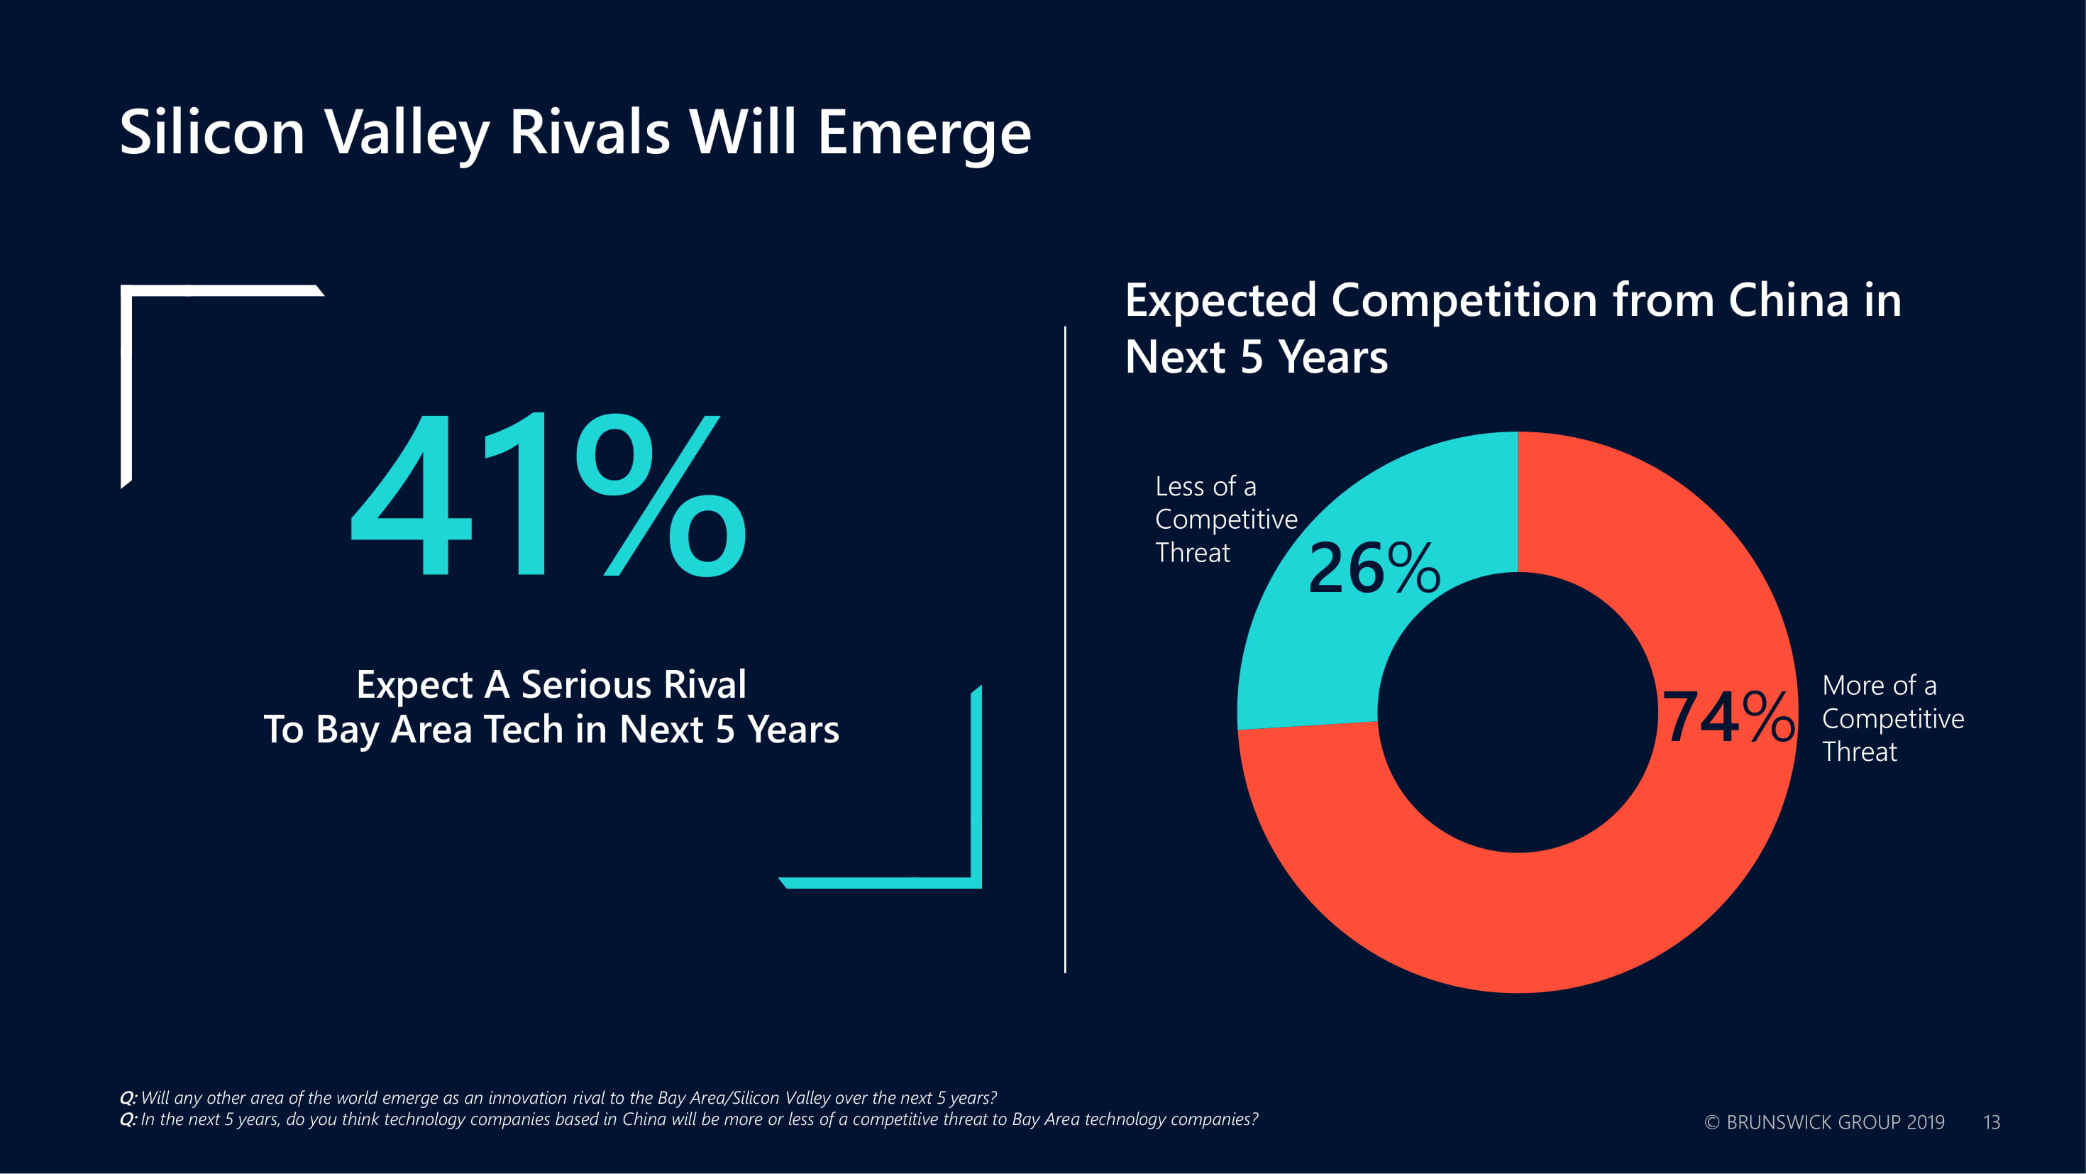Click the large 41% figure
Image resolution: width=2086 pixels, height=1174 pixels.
tap(548, 495)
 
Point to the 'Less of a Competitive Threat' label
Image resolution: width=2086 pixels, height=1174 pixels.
tap(1225, 519)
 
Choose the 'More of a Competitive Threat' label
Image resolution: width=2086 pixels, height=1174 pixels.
tap(1892, 718)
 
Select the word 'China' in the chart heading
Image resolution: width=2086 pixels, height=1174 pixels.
tap(1788, 300)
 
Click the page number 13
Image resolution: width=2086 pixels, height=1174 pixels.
tap(1991, 1122)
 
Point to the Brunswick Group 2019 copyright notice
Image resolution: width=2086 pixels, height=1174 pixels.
tap(1823, 1122)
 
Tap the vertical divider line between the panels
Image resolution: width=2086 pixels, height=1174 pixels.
tap(1065, 648)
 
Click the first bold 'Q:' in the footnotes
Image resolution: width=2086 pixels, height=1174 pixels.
tap(128, 1098)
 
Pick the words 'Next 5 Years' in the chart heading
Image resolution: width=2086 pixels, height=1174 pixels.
tap(1256, 357)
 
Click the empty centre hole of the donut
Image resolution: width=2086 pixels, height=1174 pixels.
tap(1518, 712)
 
